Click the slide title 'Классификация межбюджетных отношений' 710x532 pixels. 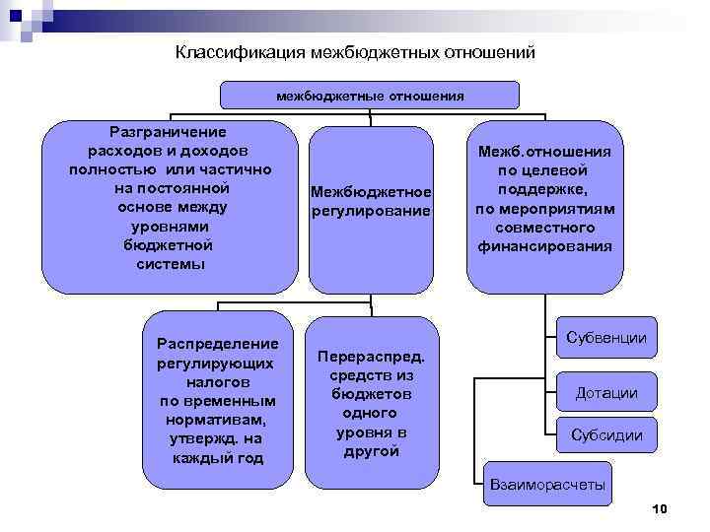tap(354, 52)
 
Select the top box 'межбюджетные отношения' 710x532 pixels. tap(369, 96)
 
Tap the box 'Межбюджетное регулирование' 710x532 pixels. tap(370, 201)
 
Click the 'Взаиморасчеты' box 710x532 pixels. tap(548, 485)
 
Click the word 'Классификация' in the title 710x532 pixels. tap(240, 52)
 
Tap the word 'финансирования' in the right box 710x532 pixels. tap(544, 246)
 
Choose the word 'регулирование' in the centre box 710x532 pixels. tap(370, 211)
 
